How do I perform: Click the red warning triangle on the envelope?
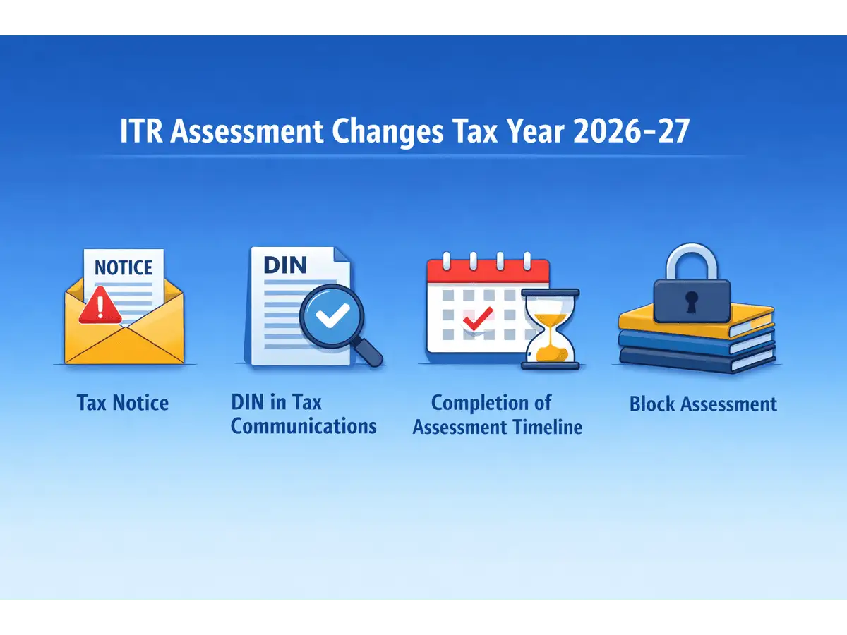click(x=98, y=310)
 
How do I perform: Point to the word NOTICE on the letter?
click(x=124, y=268)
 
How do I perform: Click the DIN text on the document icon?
click(x=284, y=265)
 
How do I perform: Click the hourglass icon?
click(x=550, y=329)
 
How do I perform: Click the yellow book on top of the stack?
click(x=695, y=320)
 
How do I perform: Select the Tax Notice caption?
click(x=123, y=404)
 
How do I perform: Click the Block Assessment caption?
click(x=703, y=404)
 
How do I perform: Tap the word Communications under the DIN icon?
click(x=304, y=426)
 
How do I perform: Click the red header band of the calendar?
click(x=488, y=271)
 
